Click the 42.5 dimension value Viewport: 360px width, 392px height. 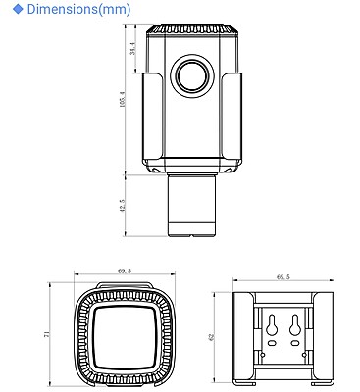pos(122,207)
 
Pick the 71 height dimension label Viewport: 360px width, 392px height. pos(45,334)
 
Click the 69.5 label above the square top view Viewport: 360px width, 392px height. pos(124,270)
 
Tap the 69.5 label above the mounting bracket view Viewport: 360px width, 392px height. pos(283,276)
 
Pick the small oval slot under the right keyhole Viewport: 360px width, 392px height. pos(295,344)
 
